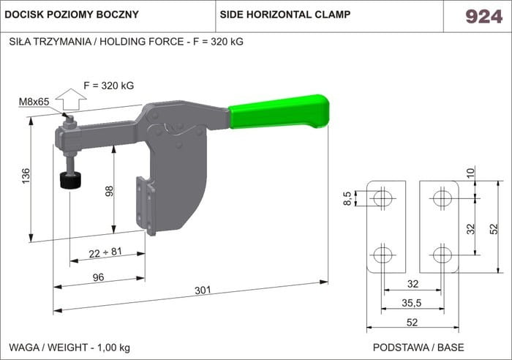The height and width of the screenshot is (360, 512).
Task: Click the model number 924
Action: coord(483,16)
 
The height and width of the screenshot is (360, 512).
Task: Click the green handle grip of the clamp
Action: coord(279,111)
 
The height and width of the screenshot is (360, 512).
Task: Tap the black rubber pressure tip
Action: coord(70,180)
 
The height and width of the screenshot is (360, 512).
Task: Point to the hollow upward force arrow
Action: coord(71,99)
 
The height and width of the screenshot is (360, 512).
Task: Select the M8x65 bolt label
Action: coord(34,102)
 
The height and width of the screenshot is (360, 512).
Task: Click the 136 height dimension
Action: coord(26,176)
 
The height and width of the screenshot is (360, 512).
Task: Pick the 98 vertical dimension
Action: coord(109,191)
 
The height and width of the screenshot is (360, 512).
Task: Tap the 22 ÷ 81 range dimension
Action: coord(105,252)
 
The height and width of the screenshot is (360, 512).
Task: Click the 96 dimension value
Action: coord(98,277)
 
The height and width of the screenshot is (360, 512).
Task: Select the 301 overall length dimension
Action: coord(203,290)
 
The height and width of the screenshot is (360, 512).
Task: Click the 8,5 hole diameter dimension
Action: coord(347,198)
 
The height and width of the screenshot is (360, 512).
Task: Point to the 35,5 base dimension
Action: coord(412,303)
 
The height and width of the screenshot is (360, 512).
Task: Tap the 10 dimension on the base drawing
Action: coord(470,173)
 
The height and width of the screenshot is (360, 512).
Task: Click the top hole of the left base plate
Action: coord(383,198)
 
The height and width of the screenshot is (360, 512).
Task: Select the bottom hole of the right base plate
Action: coord(443,255)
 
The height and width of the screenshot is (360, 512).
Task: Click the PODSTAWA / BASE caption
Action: coord(418,348)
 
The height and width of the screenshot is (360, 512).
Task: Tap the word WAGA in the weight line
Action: coord(24,348)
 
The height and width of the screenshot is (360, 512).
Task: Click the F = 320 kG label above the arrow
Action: coord(109,86)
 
